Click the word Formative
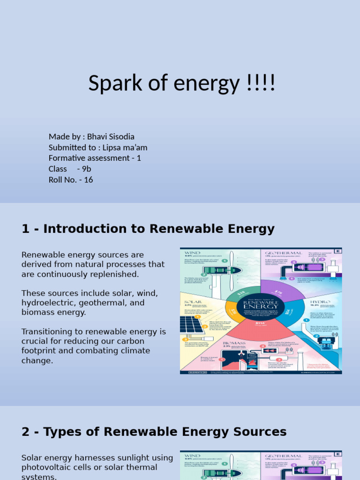67,158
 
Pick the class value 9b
86,169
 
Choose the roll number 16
89,180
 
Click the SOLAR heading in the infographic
193,302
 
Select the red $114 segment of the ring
260,328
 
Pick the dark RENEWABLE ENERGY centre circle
260,308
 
